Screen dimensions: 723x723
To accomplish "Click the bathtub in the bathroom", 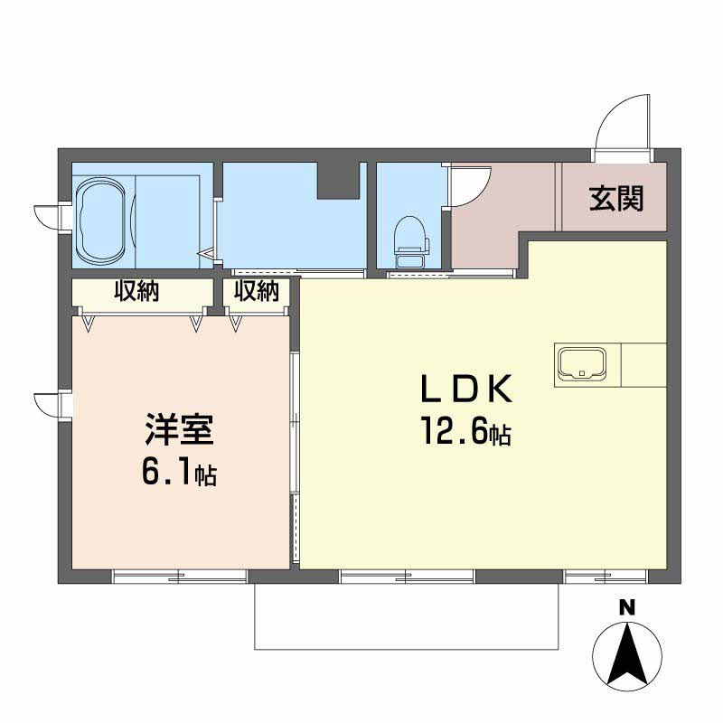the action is pyautogui.click(x=102, y=219).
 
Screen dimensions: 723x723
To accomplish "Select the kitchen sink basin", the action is pyautogui.click(x=581, y=363).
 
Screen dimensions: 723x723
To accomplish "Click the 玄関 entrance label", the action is pyautogui.click(x=615, y=199).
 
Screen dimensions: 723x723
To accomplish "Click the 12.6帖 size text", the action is pyautogui.click(x=465, y=431).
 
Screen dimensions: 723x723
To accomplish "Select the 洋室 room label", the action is pyautogui.click(x=179, y=430).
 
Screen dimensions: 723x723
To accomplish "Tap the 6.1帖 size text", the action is pyautogui.click(x=179, y=471).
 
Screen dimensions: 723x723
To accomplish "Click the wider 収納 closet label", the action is pyautogui.click(x=136, y=291).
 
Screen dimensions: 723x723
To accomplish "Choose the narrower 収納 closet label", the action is pyautogui.click(x=257, y=291).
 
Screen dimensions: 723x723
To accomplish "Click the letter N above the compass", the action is pyautogui.click(x=627, y=607).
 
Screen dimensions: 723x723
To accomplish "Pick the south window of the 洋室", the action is pyautogui.click(x=180, y=577).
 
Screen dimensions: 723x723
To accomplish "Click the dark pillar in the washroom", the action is pyautogui.click(x=338, y=181).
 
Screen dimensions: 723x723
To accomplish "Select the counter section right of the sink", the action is pyautogui.click(x=643, y=365).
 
